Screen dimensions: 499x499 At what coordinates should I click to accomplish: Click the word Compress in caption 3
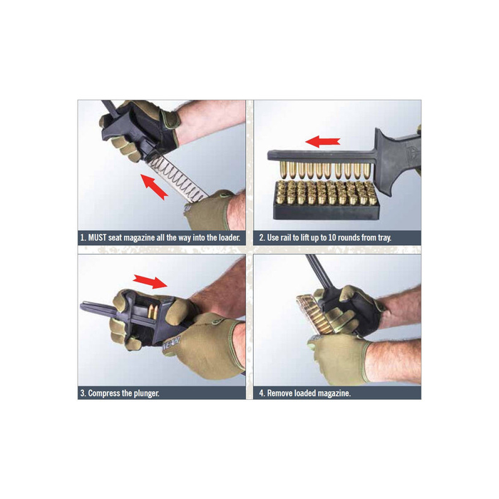pyautogui.click(x=107, y=392)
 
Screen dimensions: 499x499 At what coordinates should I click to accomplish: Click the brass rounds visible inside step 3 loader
pyautogui.click(x=154, y=312)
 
